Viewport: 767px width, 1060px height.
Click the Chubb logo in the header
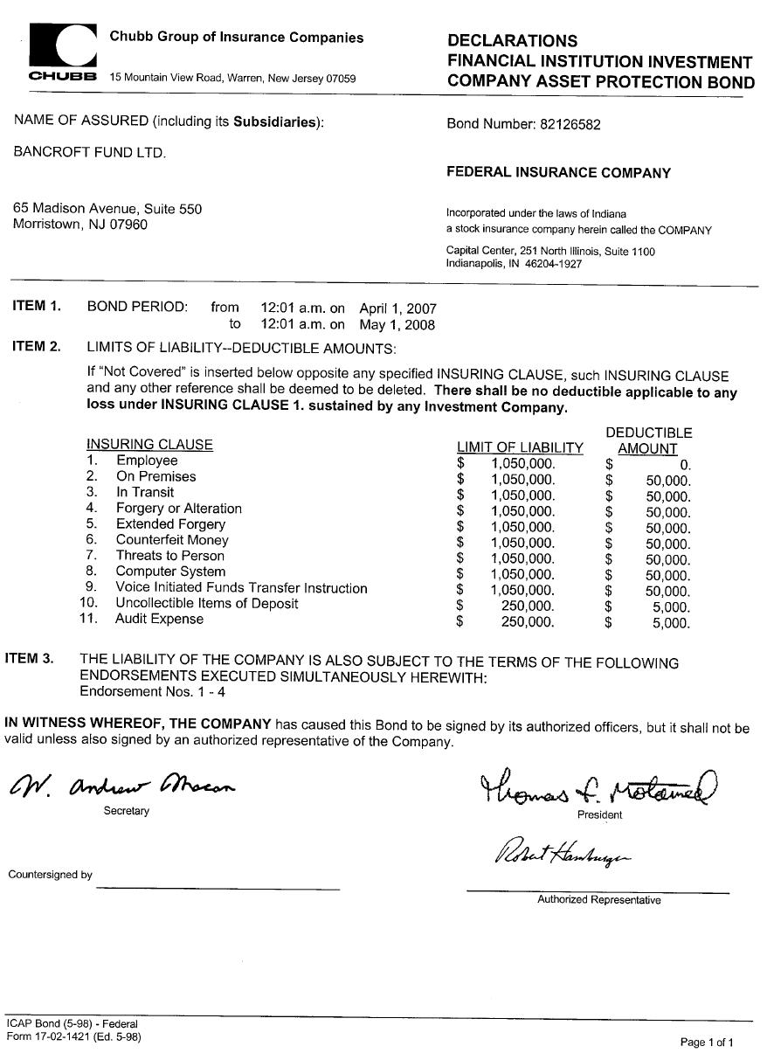click(62, 51)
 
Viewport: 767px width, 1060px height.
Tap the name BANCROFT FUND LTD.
click(89, 152)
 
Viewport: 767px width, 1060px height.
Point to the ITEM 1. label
click(37, 306)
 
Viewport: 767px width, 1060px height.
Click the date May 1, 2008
click(397, 324)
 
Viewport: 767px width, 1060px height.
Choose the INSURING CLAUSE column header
click(149, 445)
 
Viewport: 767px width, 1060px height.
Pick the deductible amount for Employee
click(685, 465)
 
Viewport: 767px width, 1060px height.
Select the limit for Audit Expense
click(527, 623)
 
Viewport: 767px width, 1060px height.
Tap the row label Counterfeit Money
click(172, 540)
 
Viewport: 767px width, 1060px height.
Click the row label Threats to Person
click(170, 556)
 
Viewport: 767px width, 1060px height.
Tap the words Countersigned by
click(50, 875)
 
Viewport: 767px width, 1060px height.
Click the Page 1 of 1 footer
click(707, 1042)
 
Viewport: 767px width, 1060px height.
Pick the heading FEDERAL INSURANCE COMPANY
click(558, 173)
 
